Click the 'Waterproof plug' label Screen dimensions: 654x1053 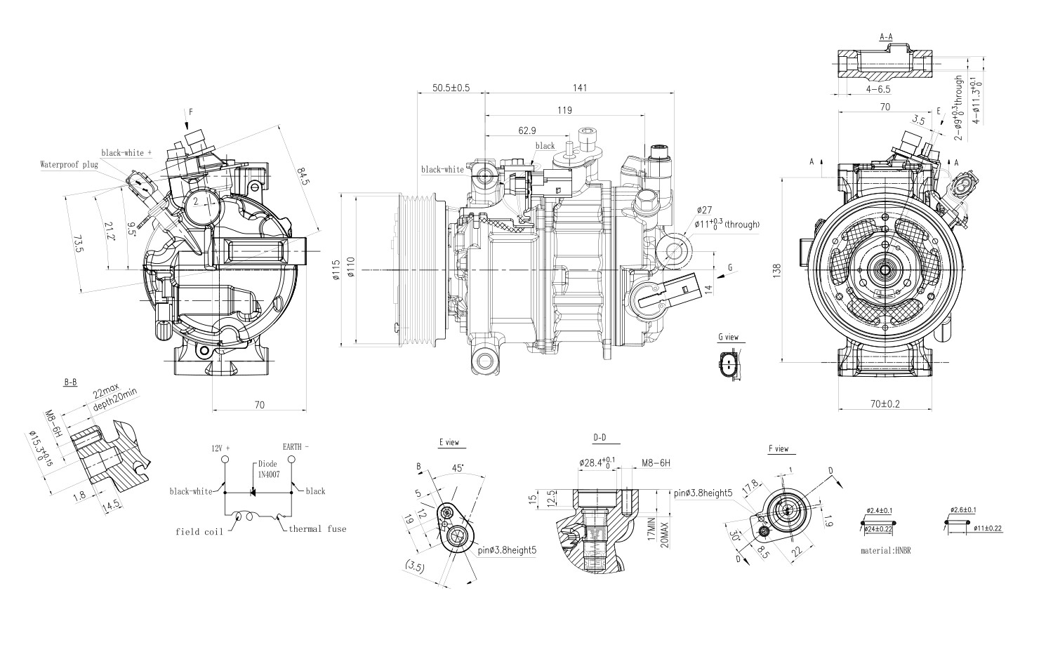[69, 165]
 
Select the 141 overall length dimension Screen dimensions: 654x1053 [579, 88]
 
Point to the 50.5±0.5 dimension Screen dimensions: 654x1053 [450, 88]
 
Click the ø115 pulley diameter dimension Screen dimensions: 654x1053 [336, 270]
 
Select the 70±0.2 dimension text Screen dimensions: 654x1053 [885, 404]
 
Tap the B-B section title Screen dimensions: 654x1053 [70, 382]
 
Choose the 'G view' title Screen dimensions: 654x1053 [728, 338]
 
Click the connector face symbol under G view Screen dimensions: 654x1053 [729, 366]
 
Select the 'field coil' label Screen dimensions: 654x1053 [199, 532]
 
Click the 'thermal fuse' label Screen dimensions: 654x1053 [317, 529]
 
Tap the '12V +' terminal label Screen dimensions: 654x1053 [221, 447]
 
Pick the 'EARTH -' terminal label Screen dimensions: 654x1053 [296, 446]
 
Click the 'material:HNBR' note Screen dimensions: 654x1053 [886, 551]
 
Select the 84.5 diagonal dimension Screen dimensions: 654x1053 [303, 176]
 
